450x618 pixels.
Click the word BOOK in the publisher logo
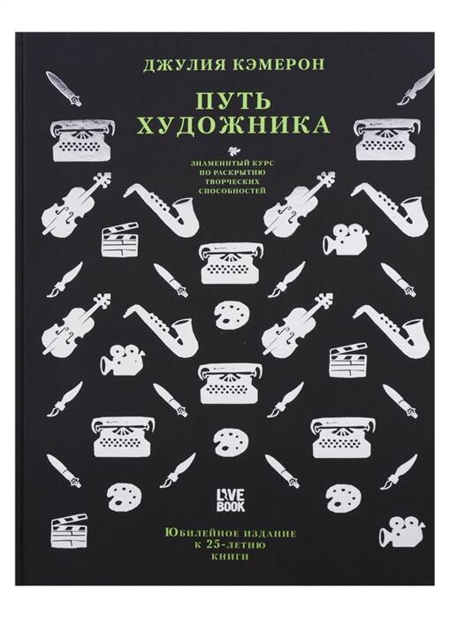click(230, 506)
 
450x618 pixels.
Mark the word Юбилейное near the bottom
click(194, 534)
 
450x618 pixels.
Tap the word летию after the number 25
click(247, 546)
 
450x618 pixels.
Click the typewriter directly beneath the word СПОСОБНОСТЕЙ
click(233, 263)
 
